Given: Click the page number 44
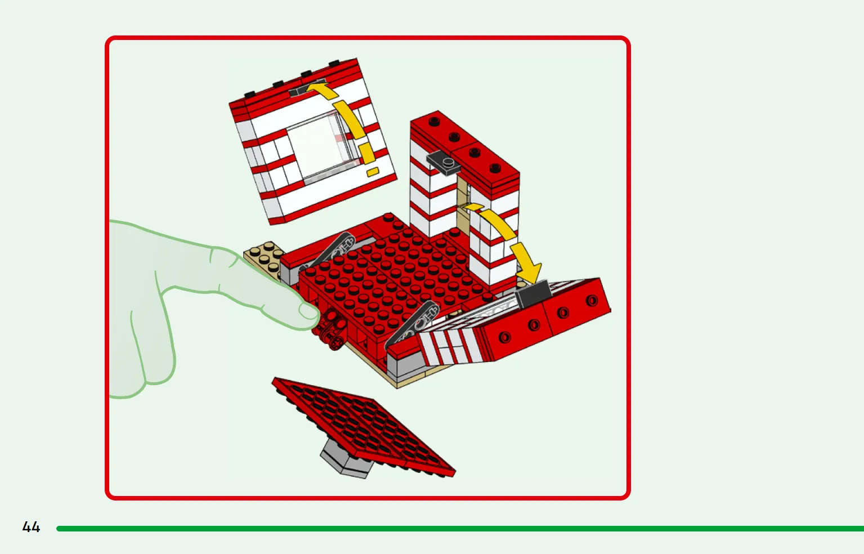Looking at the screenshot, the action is pyautogui.click(x=31, y=527).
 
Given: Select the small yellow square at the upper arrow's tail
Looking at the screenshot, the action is pyautogui.click(x=373, y=172).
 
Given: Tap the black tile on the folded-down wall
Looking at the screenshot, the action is pyautogui.click(x=534, y=294).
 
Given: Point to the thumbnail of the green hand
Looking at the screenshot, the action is pyautogui.click(x=308, y=311).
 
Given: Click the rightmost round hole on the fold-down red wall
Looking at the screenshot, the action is pyautogui.click(x=592, y=300).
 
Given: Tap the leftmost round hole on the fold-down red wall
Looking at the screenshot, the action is pyautogui.click(x=504, y=337).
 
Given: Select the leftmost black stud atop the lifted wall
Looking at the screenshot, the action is pyautogui.click(x=249, y=94).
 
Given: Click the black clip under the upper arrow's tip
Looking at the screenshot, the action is pyautogui.click(x=298, y=91).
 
